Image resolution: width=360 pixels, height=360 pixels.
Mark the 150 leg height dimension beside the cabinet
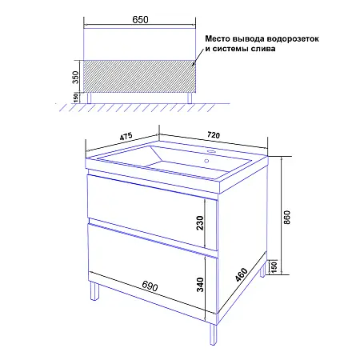tap(274, 266)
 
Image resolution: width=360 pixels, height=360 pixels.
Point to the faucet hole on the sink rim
tap(213, 152)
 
